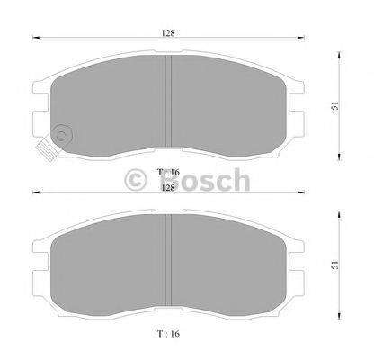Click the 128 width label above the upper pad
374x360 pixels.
(x=168, y=32)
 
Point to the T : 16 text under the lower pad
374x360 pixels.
(x=168, y=334)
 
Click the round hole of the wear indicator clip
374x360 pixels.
(x=61, y=136)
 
